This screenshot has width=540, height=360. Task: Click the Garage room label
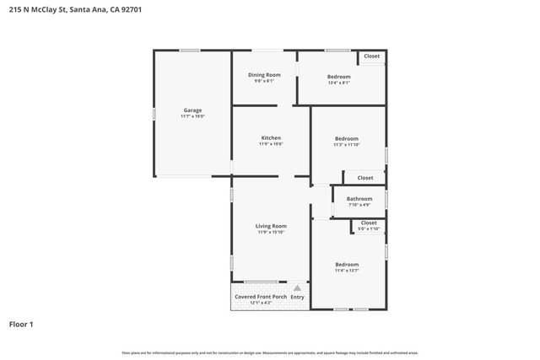(x=192, y=110)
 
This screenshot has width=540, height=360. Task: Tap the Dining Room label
(x=264, y=75)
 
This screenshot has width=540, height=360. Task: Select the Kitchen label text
(x=271, y=137)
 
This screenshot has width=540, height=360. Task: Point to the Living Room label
(x=271, y=226)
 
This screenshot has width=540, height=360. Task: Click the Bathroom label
(x=359, y=199)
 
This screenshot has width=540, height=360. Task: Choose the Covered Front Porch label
(x=261, y=297)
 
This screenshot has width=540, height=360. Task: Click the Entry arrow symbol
(x=297, y=288)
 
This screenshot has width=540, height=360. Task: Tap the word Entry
(x=297, y=297)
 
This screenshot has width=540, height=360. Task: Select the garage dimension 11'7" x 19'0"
(x=192, y=116)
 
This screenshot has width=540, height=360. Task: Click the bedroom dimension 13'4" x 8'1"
(x=338, y=83)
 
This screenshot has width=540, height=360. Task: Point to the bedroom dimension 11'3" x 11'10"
(x=346, y=145)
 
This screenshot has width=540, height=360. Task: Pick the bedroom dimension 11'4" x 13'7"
(x=346, y=271)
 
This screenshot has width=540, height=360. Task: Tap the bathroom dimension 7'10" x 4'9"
(x=359, y=205)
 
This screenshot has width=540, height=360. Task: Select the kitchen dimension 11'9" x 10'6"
(x=271, y=144)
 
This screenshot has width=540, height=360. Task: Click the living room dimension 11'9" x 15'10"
(x=271, y=233)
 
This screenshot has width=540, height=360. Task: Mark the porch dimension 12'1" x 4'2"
(x=260, y=304)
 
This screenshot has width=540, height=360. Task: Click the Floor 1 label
(x=20, y=324)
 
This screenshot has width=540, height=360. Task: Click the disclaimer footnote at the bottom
(x=270, y=352)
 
